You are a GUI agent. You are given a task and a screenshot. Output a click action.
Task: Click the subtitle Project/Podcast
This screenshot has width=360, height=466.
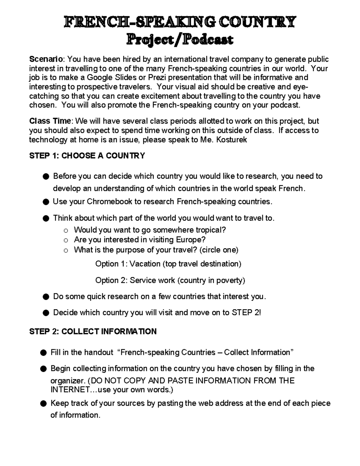pyautogui.click(x=180, y=39)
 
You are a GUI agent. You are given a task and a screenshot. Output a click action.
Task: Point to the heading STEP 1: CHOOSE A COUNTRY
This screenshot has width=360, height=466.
pyautogui.click(x=87, y=156)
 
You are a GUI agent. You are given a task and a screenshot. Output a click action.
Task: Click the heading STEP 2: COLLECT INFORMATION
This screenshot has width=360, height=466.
pyautogui.click(x=93, y=332)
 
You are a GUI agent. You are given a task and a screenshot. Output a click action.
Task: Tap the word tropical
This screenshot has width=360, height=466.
pyautogui.click(x=211, y=230)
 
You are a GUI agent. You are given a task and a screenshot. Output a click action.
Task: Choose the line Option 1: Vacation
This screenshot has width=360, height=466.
pyautogui.click(x=168, y=264)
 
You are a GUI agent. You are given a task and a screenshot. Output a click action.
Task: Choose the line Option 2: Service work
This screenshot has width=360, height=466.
pyautogui.click(x=170, y=281)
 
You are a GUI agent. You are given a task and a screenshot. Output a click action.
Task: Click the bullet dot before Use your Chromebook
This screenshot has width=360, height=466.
pyautogui.click(x=46, y=202)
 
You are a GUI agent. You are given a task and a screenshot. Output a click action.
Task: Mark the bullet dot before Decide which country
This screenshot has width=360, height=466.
pyautogui.click(x=46, y=313)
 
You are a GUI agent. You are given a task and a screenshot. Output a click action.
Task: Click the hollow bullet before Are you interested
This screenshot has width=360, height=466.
pyautogui.click(x=66, y=240)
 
